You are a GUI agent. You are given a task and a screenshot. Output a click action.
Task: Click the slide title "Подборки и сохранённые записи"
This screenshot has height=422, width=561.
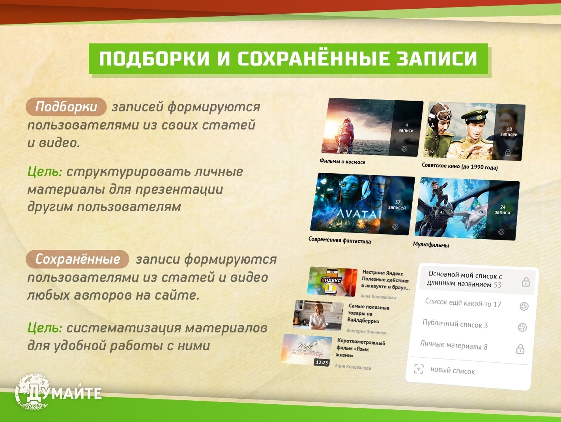288,59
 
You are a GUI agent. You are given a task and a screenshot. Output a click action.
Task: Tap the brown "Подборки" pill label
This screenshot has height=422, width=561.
66,107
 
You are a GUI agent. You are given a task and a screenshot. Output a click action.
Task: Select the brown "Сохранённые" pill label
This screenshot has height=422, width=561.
77,259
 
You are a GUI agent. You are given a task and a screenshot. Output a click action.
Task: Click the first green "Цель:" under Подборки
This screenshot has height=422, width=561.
45,172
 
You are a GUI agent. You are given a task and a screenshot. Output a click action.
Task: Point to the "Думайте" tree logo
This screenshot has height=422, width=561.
34,392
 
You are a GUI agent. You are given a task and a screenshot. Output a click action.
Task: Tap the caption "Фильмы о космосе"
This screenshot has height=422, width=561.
342,161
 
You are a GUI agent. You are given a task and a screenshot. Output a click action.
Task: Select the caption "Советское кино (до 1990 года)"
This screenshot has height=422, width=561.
460,166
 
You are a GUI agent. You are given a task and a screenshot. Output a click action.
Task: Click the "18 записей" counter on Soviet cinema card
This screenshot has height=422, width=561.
509,132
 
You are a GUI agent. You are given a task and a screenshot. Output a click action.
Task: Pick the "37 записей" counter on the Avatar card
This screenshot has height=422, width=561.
397,205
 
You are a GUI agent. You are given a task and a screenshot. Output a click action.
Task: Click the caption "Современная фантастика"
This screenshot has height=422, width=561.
339,240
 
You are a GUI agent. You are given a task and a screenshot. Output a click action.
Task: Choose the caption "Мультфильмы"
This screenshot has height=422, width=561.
431,245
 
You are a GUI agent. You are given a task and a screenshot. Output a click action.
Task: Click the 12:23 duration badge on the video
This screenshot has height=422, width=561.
322,362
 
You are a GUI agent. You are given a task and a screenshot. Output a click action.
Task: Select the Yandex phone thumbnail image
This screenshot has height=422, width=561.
332,281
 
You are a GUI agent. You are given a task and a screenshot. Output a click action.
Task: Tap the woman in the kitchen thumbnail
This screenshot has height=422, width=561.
318,315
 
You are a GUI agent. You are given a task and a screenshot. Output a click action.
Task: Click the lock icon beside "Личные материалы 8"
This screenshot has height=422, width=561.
520,349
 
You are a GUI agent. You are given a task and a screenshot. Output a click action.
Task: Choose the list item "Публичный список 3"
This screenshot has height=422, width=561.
455,324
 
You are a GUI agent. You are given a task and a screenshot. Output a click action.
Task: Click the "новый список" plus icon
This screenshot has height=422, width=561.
419,369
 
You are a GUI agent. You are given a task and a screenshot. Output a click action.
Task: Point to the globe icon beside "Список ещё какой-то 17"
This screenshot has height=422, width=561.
524,306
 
